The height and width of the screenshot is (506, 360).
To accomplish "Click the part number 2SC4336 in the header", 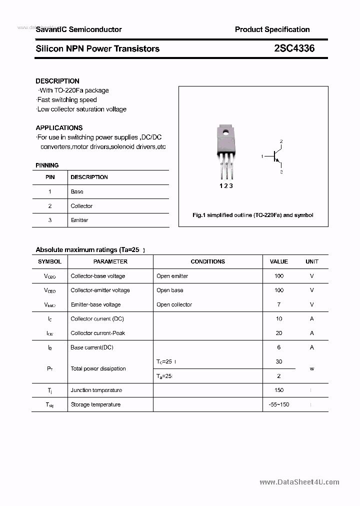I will point(294,48).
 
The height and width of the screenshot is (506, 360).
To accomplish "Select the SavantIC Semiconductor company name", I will point(78,29).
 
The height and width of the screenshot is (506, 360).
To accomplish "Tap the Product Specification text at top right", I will point(272,29).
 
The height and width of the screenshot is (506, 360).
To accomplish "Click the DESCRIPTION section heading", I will point(57,81).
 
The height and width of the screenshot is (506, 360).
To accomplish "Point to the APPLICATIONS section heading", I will point(59,127).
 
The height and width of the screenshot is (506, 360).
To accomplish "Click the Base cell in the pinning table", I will point(77,191).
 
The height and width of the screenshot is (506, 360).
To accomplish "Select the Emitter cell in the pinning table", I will point(79,220).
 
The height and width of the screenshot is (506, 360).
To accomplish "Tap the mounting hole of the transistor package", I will point(226,133).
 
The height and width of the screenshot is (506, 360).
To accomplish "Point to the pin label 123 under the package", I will point(226,185).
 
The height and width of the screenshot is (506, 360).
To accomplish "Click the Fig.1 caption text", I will point(253,215).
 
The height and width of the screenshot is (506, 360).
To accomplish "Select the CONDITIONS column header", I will point(207,261).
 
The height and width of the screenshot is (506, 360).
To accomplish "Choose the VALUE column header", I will point(278,261).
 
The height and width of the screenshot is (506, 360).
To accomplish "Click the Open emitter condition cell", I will point(172,276).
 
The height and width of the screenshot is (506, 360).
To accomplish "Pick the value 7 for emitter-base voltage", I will point(278,304).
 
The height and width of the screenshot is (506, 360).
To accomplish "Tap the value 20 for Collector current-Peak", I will point(278,333).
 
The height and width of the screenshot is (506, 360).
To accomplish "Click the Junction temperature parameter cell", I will point(96,390).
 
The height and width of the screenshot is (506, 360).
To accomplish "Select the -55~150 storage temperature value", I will point(278,404).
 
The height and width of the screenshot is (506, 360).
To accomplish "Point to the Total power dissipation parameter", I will point(98,368).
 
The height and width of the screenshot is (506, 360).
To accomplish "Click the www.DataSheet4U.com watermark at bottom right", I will point(299,482).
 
